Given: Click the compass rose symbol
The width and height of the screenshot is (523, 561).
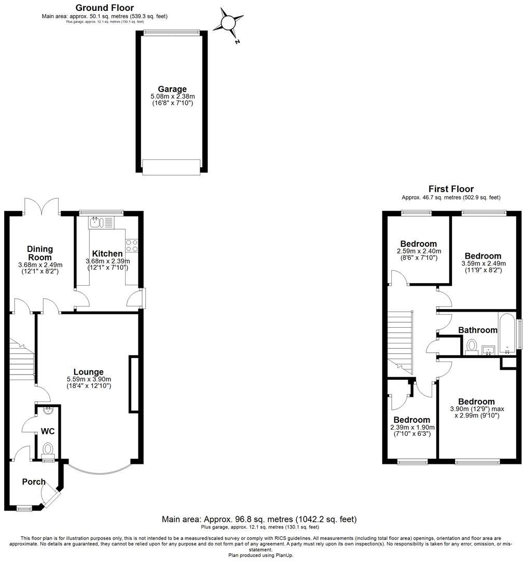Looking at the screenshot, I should [x=229, y=22].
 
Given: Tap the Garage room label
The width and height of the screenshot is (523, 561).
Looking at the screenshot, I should [x=172, y=89].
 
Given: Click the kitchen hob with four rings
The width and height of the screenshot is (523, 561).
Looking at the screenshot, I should [x=131, y=245].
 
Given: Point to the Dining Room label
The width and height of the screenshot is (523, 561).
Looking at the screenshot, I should [x=39, y=253].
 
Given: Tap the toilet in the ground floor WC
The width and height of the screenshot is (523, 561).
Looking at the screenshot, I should [x=48, y=449].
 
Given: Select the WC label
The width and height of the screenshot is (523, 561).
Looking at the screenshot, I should [x=48, y=432].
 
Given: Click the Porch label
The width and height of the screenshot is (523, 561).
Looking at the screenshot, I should [x=34, y=482].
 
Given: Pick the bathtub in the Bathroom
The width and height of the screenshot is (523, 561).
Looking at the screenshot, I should [x=506, y=333].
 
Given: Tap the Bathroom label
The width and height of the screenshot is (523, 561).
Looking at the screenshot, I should [x=478, y=330].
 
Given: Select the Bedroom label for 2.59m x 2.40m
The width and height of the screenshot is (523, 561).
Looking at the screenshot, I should [x=418, y=244].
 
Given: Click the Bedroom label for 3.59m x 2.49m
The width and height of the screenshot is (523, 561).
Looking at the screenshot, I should [x=483, y=256].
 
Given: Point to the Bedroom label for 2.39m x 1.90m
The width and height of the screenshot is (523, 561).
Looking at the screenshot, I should [x=411, y=420].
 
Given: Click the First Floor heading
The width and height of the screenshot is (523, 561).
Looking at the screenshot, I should [x=450, y=189].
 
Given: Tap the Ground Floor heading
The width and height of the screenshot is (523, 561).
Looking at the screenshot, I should [x=104, y=8].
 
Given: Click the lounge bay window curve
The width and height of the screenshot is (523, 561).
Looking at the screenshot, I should [x=99, y=469].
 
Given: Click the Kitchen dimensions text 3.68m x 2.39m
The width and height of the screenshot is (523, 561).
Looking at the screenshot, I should [x=107, y=261].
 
